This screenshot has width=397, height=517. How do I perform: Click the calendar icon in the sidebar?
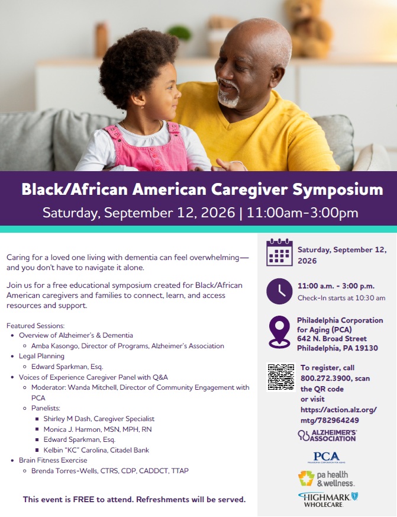[279, 252]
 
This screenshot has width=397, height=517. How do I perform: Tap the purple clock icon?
[279, 291]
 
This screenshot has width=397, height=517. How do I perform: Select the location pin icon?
[279, 332]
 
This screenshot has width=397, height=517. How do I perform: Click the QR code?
[280, 377]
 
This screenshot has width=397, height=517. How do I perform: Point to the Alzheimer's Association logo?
[327, 435]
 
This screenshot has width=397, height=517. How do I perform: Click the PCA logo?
[326, 457]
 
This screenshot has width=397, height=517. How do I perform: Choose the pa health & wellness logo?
[326, 479]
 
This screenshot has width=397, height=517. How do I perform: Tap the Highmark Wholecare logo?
[328, 500]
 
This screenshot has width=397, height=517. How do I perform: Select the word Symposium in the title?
[338, 190]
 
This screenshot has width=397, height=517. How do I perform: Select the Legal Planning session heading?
[41, 356]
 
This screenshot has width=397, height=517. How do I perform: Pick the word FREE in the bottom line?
[83, 499]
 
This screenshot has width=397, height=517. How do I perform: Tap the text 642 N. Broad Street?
[332, 339]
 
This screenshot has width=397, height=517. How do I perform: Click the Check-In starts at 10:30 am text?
[341, 298]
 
